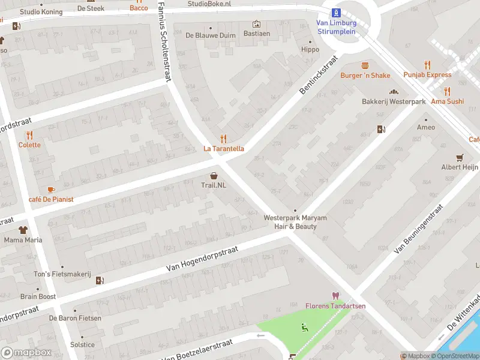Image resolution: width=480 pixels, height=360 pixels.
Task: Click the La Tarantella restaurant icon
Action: [223, 139]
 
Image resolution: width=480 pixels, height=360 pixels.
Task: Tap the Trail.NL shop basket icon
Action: [214, 175]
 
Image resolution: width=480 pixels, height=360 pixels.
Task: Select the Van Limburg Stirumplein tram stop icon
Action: [336, 12]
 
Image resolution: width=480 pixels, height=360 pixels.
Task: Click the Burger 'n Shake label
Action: [365, 76]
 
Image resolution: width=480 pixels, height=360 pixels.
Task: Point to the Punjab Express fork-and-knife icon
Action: [427, 65]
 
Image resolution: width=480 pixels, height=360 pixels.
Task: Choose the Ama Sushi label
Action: [447, 101]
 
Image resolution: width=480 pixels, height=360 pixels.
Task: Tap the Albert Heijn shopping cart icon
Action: [460, 157]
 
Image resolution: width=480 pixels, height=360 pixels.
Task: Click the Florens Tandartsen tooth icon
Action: [335, 296]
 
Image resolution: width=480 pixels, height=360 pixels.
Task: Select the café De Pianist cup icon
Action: [50, 189]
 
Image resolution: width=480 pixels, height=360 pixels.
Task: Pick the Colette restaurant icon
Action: [29, 135]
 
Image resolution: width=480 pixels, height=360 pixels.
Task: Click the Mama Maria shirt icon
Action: [23, 230]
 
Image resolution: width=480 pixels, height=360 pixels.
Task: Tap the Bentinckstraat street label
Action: [318, 75]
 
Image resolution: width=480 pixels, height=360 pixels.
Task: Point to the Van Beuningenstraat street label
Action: [418, 228]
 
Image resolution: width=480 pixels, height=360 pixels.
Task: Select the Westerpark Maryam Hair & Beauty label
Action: [295, 222]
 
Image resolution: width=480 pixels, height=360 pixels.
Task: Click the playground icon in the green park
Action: [305, 327]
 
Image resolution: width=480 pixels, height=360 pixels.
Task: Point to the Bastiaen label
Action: [256, 34]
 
